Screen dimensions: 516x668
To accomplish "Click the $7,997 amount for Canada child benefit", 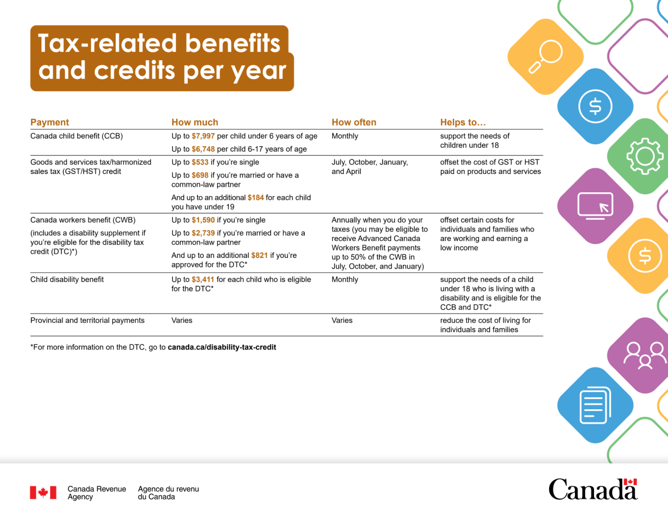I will click(203, 136).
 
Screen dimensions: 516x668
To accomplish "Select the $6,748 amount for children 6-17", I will click(203, 149).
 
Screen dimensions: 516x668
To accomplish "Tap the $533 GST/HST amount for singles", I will click(200, 162).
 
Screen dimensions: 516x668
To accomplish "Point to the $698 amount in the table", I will click(200, 176).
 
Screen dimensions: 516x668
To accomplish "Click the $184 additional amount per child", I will click(256, 198).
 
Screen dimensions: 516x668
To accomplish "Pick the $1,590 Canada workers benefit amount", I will click(203, 220).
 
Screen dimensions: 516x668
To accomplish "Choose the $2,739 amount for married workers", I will click(203, 233).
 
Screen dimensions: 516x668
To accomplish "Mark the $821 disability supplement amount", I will click(259, 255).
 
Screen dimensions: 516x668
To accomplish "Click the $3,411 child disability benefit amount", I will click(203, 280).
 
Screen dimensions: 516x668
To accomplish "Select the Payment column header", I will click(50, 122).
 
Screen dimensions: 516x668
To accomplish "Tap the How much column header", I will click(195, 122).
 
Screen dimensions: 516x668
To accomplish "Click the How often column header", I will click(354, 122).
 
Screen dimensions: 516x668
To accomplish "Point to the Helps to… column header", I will click(463, 122).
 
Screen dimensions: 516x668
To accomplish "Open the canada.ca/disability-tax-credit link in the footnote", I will click(222, 348).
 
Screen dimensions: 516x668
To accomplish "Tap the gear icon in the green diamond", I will click(645, 156).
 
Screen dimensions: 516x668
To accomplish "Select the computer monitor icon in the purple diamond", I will click(595, 206).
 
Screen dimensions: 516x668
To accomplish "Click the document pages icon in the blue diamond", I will click(595, 405).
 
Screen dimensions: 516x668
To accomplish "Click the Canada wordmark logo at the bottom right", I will click(593, 489).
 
